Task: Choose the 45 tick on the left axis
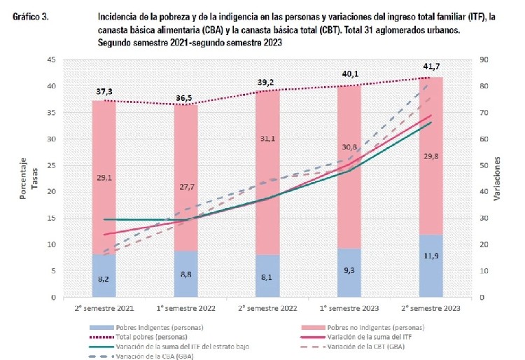(x=52, y=60)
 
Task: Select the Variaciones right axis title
(x=498, y=179)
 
